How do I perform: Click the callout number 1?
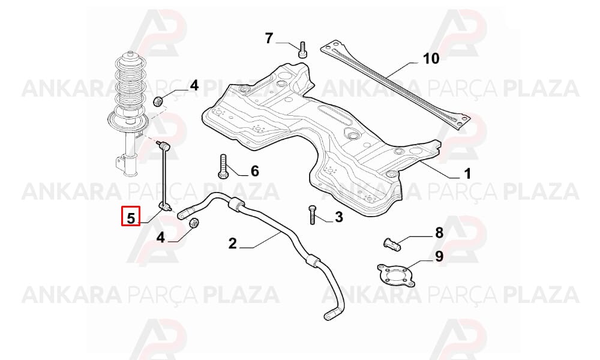coord(467,174)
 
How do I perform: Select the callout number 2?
coord(233,244)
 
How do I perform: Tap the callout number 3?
coord(339,217)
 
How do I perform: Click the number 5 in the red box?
coord(131,218)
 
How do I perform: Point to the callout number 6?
coord(255,170)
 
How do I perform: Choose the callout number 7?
coord(269,38)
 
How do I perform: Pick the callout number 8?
coord(439,232)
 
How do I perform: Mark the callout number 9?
coord(439,256)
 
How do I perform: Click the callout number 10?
coord(431,59)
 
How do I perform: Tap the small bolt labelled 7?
coord(302,50)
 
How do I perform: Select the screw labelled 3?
coord(312,215)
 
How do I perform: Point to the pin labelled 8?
coord(392,244)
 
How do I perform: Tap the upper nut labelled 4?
coord(158,101)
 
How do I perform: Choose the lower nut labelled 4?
coord(194,222)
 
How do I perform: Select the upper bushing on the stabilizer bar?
coord(236,203)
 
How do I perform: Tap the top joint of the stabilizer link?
coord(162,145)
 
